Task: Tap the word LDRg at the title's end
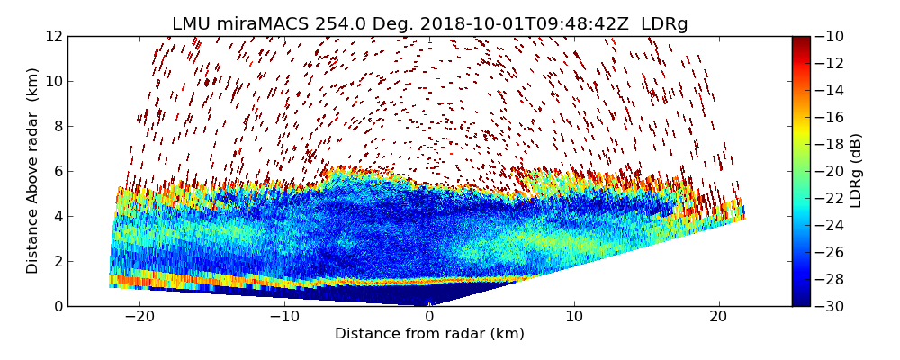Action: tap(664, 24)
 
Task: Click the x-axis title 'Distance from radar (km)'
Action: tap(429, 334)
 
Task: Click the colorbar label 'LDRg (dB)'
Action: tap(856, 171)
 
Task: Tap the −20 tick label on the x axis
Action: tap(139, 317)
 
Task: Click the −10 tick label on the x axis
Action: tap(284, 317)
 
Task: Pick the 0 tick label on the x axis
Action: tap(429, 317)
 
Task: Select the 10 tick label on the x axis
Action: tap(574, 317)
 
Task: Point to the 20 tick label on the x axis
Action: tap(718, 317)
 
